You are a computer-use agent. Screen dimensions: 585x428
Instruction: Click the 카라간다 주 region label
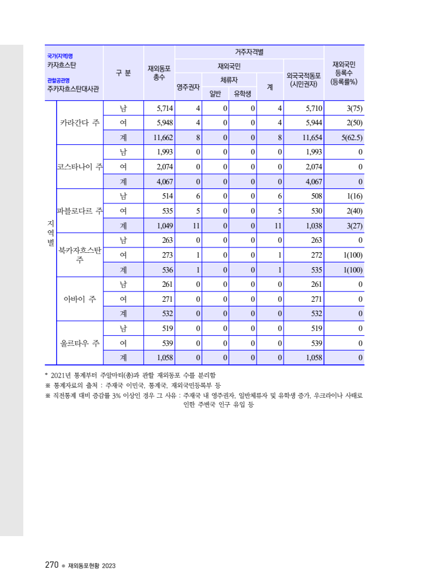click(79, 123)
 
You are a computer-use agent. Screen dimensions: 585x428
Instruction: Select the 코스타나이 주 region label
click(79, 166)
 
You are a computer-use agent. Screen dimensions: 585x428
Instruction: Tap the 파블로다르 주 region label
click(79, 211)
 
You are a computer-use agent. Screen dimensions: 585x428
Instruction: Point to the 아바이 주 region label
click(79, 299)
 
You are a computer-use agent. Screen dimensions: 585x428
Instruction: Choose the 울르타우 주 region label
click(79, 343)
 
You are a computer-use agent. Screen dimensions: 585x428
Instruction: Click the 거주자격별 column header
click(249, 52)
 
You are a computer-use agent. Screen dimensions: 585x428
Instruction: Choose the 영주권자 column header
click(188, 87)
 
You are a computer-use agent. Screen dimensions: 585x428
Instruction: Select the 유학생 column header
click(242, 94)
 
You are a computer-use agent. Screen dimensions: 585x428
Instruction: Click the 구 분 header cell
click(124, 73)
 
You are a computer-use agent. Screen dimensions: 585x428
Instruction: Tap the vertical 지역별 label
click(50, 233)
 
